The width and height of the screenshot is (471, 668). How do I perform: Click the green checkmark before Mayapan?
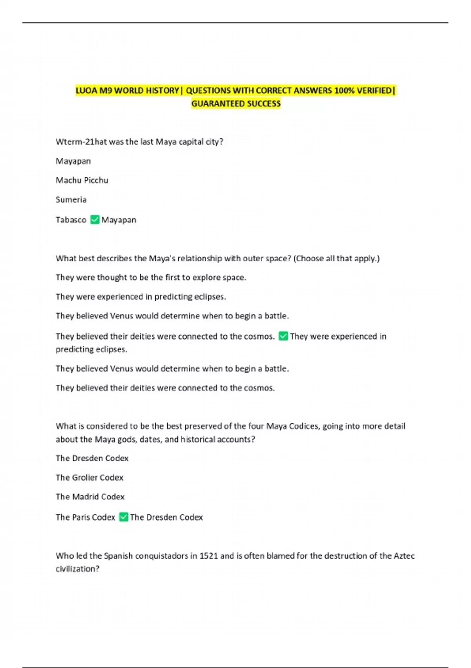coord(95,219)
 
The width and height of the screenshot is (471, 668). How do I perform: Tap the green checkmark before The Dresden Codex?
coord(123,517)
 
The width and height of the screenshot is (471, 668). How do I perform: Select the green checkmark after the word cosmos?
coord(283,336)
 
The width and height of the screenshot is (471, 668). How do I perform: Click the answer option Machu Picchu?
coord(82,180)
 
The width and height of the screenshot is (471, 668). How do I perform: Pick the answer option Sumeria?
coord(71,199)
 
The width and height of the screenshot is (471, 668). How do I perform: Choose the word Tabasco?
coord(71,220)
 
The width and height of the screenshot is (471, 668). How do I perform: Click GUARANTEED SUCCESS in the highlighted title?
coord(236,103)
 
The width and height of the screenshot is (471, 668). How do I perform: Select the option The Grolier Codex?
coord(89,477)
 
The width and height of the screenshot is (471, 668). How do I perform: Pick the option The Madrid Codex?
coord(90,497)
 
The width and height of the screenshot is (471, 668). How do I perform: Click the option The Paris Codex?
coord(85,517)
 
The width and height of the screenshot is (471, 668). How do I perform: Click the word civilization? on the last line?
coord(77,569)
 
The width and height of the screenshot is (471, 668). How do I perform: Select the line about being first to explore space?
coord(151,277)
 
